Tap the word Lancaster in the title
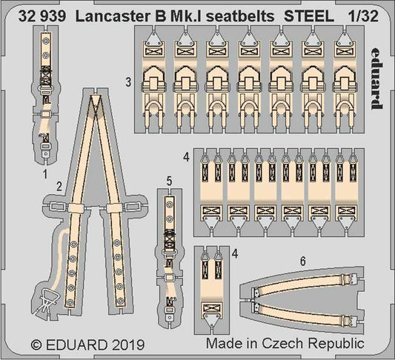(x=111, y=13)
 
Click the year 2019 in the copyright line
(x=130, y=344)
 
